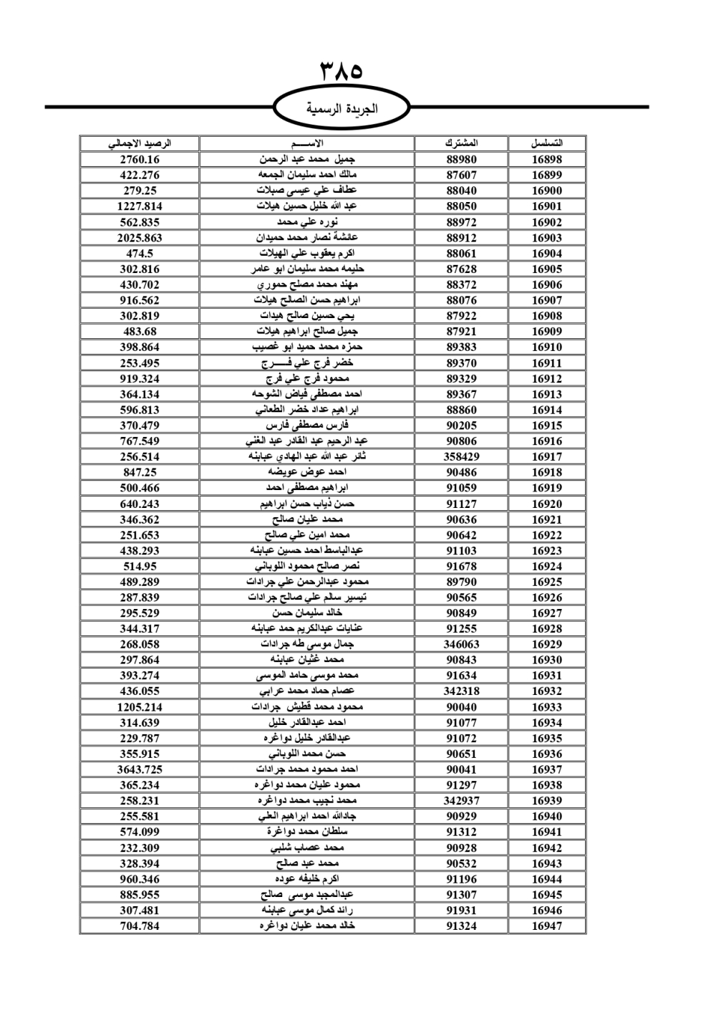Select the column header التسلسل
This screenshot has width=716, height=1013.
tap(547, 143)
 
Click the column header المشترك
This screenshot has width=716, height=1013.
tap(461, 143)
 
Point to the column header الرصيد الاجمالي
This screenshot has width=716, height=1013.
tap(140, 143)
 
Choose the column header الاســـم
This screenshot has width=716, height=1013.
tap(307, 143)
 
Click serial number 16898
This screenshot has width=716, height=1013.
tap(547, 160)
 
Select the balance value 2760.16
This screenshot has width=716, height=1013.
tap(140, 160)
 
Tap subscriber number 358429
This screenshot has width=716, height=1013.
tap(461, 457)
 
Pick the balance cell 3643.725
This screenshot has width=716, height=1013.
tap(140, 769)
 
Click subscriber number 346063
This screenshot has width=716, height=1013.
tap(461, 645)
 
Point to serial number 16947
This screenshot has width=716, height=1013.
tap(547, 926)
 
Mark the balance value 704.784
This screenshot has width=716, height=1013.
tap(140, 926)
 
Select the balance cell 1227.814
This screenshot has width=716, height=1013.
tap(140, 206)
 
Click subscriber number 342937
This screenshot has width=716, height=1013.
tap(461, 801)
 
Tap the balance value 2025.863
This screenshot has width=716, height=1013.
tap(140, 238)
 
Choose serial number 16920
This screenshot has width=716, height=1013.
tap(547, 504)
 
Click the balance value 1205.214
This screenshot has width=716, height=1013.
tap(140, 707)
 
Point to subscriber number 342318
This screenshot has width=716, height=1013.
tap(461, 691)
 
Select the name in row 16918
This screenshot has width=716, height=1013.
tap(307, 473)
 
